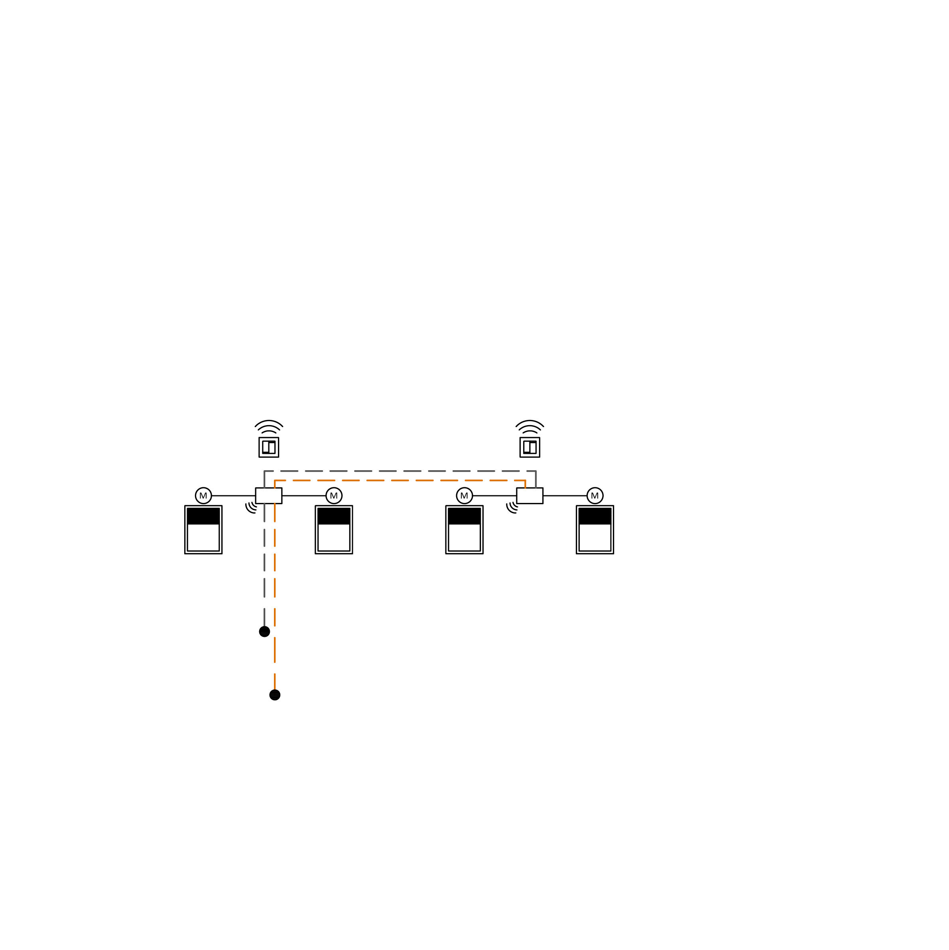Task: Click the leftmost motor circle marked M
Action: [203, 496]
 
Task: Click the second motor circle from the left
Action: [334, 496]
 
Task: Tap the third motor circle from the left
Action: [464, 496]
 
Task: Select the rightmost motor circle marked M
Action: [595, 496]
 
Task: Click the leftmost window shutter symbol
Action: [203, 530]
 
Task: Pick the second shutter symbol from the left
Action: [334, 530]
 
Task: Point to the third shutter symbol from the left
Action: [464, 530]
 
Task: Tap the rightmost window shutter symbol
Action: [595, 530]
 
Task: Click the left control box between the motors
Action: [268, 496]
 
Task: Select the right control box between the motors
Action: [530, 496]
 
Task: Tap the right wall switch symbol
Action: [530, 447]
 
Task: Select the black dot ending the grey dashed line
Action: [264, 631]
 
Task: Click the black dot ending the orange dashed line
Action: [275, 695]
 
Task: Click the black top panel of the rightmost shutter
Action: [595, 516]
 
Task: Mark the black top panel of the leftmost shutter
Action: [203, 516]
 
